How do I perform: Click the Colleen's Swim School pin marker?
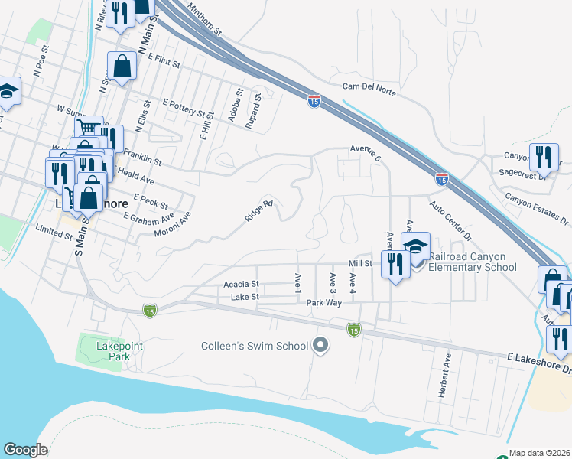pos(321,347)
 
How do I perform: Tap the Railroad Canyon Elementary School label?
pos(473,262)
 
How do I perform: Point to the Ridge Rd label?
pos(258,212)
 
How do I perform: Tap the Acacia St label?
pos(241,283)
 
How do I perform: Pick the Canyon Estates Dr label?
pos(537,209)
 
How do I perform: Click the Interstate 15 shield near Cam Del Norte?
pos(314,100)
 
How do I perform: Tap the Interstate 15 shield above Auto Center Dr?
pos(441,178)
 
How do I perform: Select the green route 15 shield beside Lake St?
pos(149,310)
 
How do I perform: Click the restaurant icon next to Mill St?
pos(394,264)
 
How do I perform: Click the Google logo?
pos(25,450)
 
